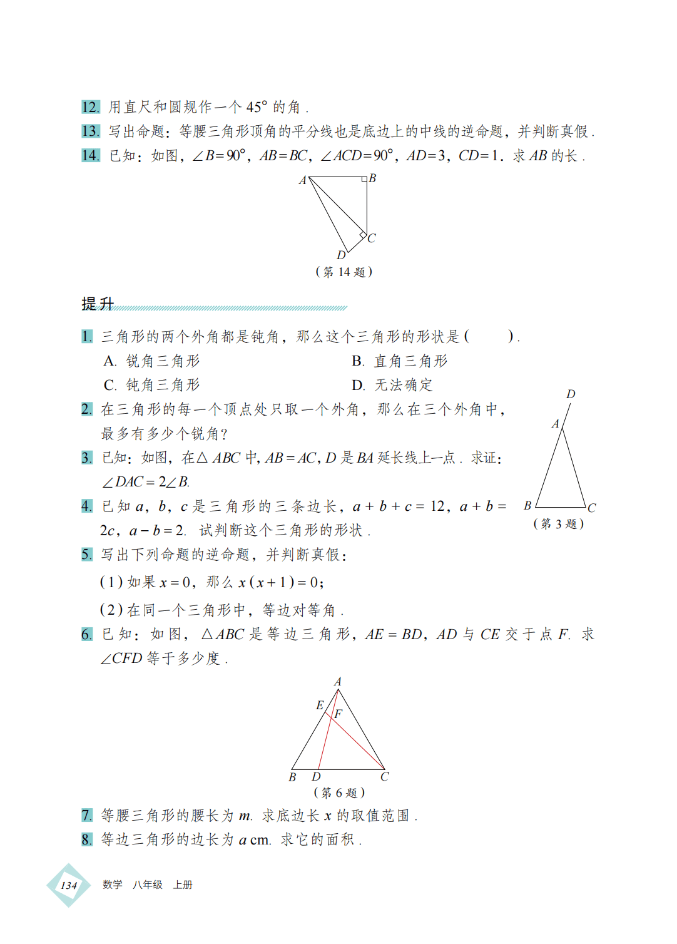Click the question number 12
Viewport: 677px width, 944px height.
point(90,107)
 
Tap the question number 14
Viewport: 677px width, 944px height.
point(90,155)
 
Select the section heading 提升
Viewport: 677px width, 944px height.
point(98,304)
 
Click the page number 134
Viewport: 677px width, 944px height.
point(69,885)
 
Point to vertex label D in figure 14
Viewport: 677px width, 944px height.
point(341,255)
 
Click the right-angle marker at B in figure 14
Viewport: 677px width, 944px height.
point(364,180)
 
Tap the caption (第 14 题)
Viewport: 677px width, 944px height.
point(344,272)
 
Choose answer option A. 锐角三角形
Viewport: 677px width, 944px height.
point(152,361)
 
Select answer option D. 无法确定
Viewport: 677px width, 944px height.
point(392,385)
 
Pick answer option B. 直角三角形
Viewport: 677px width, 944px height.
point(400,361)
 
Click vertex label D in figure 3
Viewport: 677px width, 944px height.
point(571,394)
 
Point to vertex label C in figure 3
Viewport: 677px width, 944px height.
point(591,508)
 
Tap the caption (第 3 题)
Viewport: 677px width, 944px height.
point(558,524)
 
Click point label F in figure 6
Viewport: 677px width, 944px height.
point(338,714)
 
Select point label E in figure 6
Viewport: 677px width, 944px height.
point(320,705)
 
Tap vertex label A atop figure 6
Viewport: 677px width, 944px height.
point(338,682)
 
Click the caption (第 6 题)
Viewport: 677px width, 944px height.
point(339,793)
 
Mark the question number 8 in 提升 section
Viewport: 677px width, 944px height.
point(87,839)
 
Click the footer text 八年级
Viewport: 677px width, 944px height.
point(148,885)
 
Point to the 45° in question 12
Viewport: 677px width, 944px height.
point(257,107)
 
